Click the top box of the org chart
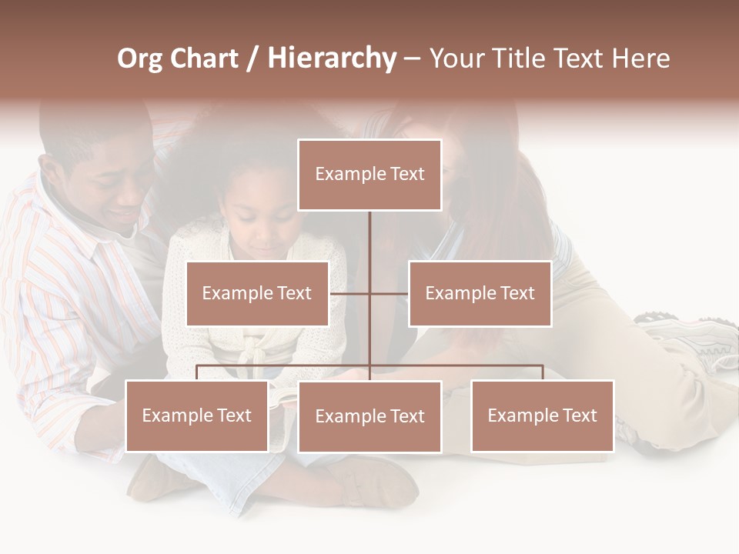(x=369, y=175)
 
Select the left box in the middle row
(x=257, y=293)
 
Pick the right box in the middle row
(x=480, y=293)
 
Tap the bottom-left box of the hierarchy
(x=197, y=415)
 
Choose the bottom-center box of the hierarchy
(x=369, y=416)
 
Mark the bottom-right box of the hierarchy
(x=542, y=415)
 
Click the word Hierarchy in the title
(x=332, y=58)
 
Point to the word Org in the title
(x=139, y=58)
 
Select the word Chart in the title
(x=205, y=58)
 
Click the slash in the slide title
(x=252, y=58)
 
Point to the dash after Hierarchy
(x=412, y=59)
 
